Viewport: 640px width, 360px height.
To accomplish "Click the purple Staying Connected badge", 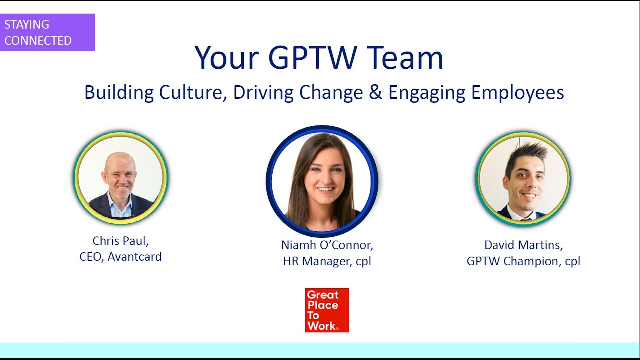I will click(47, 32).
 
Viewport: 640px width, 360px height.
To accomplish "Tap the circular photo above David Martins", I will click(523, 179).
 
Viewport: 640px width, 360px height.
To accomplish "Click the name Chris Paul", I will click(121, 241).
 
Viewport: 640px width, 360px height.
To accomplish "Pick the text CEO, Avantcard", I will click(121, 257).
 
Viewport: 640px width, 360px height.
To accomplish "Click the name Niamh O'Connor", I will click(327, 245).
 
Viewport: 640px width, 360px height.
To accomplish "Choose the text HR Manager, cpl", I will click(327, 261).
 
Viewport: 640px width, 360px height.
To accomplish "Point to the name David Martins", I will click(523, 245).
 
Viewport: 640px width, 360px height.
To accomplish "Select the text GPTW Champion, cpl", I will click(523, 261).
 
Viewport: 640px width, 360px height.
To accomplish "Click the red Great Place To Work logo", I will click(327, 310).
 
